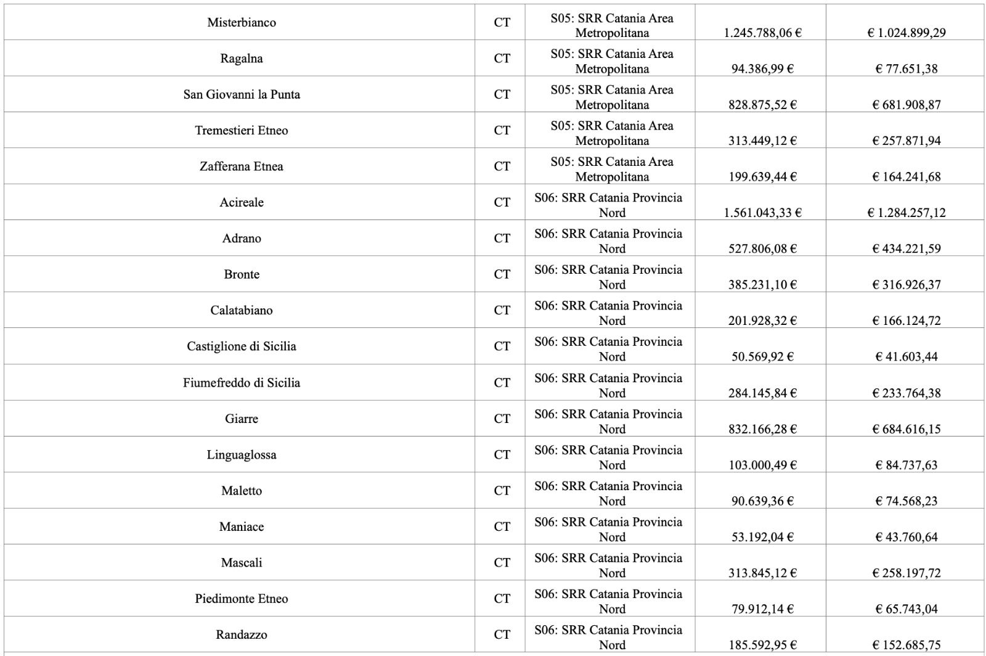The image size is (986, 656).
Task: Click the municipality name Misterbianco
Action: [x=242, y=23]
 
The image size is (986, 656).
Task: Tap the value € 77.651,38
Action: [x=906, y=69]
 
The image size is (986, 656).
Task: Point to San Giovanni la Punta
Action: [x=242, y=95]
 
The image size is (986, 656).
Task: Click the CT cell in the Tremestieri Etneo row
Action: [x=502, y=131]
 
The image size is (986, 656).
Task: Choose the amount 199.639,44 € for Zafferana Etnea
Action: [x=762, y=177]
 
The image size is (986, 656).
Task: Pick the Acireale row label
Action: [x=242, y=203]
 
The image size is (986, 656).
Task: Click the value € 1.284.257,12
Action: [x=906, y=213]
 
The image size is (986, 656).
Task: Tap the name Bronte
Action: [x=242, y=275]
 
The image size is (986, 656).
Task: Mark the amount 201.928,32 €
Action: [x=762, y=321]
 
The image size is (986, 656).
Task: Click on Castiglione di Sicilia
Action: [x=242, y=346]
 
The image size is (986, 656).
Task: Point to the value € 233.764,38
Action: [x=906, y=393]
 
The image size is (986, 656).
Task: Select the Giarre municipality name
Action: [x=242, y=419]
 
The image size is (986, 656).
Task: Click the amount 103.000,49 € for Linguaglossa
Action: [x=762, y=465]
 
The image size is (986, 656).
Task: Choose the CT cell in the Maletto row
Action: [x=502, y=491]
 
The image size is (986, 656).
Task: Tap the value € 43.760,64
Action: [x=906, y=538]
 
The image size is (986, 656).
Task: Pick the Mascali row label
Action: [x=242, y=563]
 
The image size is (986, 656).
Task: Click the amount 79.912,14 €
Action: [x=762, y=609]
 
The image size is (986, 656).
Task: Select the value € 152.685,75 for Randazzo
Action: [x=906, y=646]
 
